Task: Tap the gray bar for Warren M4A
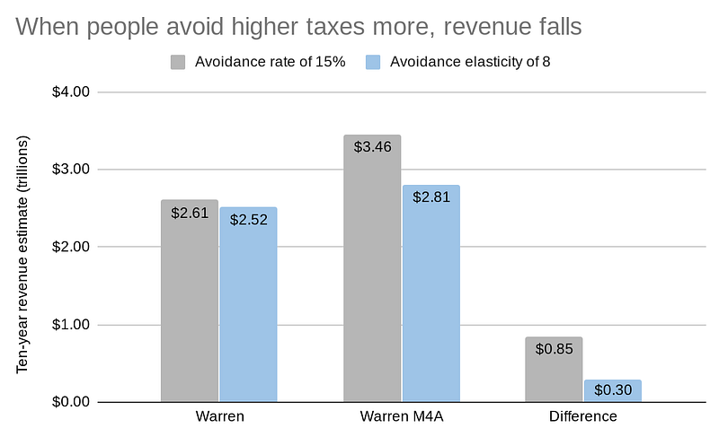tap(372, 269)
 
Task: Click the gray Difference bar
tap(554, 370)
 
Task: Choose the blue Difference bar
tap(612, 391)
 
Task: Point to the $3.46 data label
tap(372, 146)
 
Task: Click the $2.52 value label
tap(248, 219)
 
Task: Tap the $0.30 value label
tap(612, 390)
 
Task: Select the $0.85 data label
tap(554, 348)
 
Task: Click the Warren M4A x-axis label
tap(401, 417)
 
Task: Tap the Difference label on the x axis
tap(583, 417)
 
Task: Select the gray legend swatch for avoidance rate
tap(178, 62)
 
